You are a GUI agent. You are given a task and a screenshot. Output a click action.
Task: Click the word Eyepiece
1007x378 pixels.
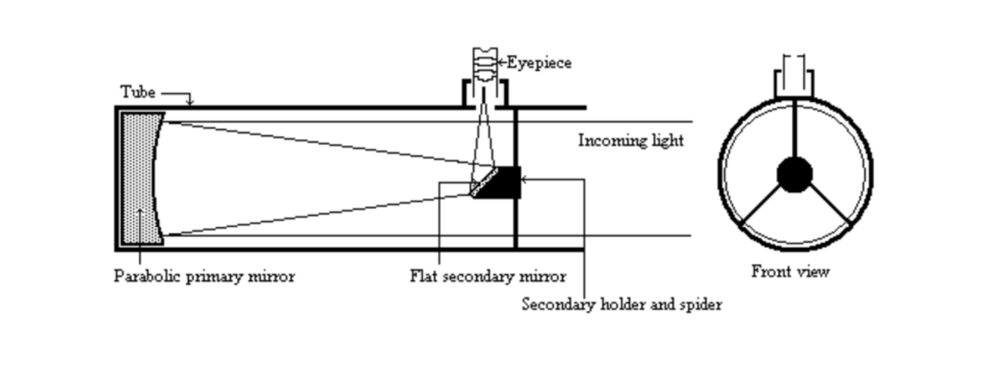(x=539, y=63)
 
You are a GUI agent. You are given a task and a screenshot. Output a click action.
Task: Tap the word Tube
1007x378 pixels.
(x=138, y=91)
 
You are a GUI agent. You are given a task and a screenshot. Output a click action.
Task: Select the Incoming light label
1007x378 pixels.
(x=630, y=141)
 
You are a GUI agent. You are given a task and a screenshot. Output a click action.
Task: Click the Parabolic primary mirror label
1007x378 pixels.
(x=204, y=277)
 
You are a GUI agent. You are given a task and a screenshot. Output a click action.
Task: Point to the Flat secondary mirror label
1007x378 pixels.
(x=488, y=277)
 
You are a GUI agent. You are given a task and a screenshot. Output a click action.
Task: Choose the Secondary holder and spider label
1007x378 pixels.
(x=622, y=305)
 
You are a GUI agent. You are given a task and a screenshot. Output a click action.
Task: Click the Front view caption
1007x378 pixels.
(x=790, y=272)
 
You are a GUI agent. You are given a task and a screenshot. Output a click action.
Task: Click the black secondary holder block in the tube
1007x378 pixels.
(x=507, y=182)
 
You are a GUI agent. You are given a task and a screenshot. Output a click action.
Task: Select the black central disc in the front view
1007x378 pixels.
(x=795, y=175)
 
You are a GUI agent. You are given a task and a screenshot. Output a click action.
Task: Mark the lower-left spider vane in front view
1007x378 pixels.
(x=761, y=205)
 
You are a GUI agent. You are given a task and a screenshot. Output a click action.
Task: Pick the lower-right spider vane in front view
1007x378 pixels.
(x=829, y=204)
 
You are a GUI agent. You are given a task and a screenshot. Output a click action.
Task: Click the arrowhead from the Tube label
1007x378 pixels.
(x=190, y=102)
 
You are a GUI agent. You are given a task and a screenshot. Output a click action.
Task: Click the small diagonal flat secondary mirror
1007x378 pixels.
(x=483, y=181)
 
